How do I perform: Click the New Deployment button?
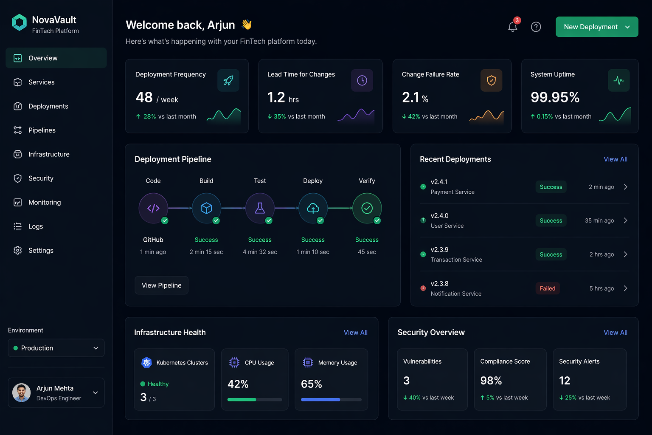pos(596,27)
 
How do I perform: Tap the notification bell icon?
pos(513,27)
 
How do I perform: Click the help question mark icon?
pos(536,27)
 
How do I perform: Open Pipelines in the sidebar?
pos(42,130)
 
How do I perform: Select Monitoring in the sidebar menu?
pos(44,202)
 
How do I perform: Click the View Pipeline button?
pos(161,285)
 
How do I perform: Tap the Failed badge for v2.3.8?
pos(547,288)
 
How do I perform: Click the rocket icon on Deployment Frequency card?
pos(228,80)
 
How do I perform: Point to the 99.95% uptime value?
pos(555,97)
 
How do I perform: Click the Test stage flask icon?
pos(260,208)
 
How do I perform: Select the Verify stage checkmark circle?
pos(367,208)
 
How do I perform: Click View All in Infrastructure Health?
pos(355,333)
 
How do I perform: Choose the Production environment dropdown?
pos(56,348)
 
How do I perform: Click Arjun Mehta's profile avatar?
pos(22,393)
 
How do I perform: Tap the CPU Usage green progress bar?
pos(242,399)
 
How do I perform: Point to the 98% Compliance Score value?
pos(491,381)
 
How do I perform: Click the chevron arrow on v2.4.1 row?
pos(625,187)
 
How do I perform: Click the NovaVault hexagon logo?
pos(20,23)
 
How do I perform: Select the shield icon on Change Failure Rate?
pos(491,80)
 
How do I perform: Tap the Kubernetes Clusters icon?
pos(146,362)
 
